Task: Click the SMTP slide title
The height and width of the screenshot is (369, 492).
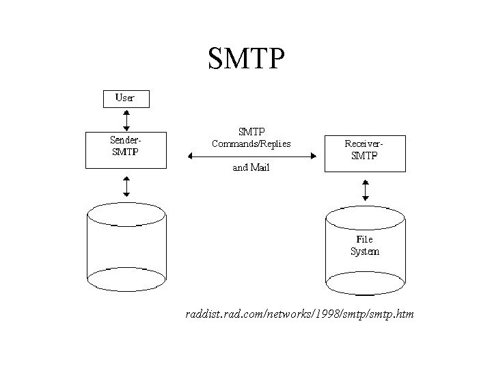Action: pyautogui.click(x=245, y=58)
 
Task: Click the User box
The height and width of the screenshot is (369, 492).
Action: pyautogui.click(x=125, y=98)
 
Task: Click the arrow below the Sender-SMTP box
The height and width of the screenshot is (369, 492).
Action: pyautogui.click(x=125, y=185)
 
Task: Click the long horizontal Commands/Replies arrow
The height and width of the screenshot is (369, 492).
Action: pyautogui.click(x=251, y=158)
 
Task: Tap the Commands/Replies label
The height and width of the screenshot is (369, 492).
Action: pyautogui.click(x=251, y=143)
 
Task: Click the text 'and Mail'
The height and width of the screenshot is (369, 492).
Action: pyautogui.click(x=251, y=167)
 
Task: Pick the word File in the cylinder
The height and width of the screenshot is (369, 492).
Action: pyautogui.click(x=365, y=240)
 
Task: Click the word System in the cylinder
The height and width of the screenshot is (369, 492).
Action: pyautogui.click(x=365, y=251)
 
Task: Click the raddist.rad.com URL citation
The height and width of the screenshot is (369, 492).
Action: pyautogui.click(x=299, y=314)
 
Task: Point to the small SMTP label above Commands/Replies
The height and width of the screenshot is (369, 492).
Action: pyautogui.click(x=251, y=131)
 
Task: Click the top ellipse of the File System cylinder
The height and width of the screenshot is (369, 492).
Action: pyautogui.click(x=365, y=218)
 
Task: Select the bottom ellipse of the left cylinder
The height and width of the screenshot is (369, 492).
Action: pyautogui.click(x=126, y=279)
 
